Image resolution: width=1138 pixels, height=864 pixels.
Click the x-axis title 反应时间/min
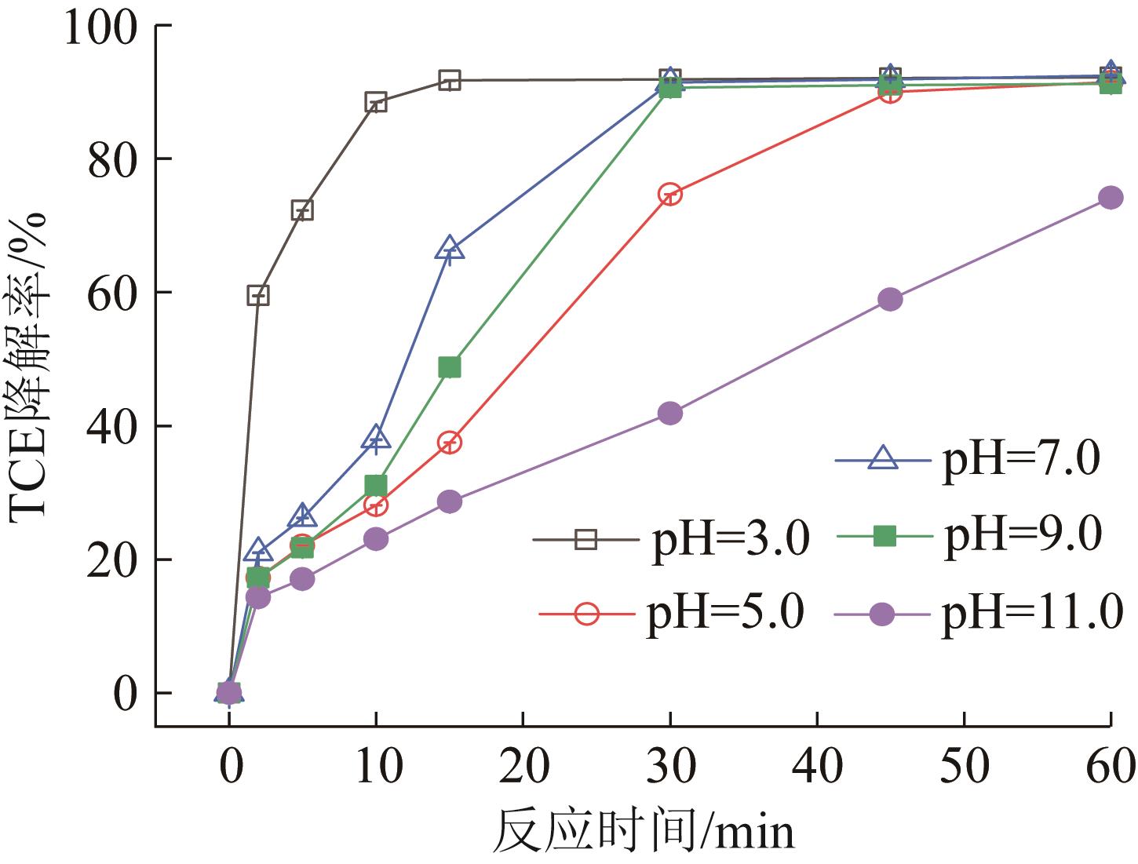[644, 832]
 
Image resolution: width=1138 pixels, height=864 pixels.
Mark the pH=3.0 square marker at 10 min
[376, 102]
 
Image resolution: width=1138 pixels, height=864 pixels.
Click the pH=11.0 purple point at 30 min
[669, 414]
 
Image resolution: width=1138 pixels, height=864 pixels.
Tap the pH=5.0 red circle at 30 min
[669, 195]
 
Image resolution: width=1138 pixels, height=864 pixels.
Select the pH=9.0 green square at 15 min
[450, 367]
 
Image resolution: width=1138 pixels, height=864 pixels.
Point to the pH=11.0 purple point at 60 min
[1111, 197]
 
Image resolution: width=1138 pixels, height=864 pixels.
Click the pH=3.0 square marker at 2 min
[258, 296]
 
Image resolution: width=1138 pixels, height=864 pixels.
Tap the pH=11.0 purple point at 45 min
[890, 300]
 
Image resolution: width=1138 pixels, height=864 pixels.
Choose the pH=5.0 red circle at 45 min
[890, 93]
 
